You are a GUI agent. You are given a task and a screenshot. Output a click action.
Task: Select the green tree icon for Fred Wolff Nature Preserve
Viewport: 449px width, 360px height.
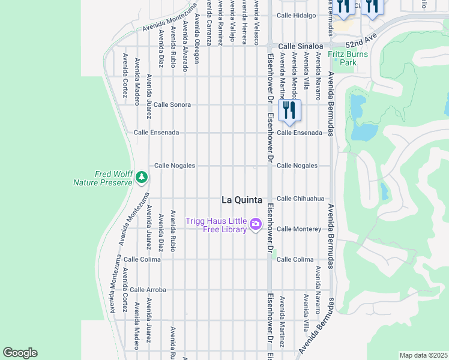[142, 177]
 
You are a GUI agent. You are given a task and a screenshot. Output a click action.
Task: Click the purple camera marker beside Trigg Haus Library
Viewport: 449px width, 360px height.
[256, 224]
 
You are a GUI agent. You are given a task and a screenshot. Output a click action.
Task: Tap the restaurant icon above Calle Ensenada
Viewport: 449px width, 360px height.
[289, 110]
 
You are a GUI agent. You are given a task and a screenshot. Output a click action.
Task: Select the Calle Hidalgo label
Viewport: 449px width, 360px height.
[296, 16]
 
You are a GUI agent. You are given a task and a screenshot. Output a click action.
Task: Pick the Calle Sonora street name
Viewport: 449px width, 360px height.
[172, 104]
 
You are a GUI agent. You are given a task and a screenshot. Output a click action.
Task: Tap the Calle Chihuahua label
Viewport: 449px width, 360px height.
[300, 199]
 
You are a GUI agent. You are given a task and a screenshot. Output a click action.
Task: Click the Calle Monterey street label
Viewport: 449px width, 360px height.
[299, 229]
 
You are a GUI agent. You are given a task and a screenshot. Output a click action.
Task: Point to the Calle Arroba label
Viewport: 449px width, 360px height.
[148, 290]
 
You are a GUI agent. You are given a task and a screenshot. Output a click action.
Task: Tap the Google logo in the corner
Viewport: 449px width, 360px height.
[20, 353]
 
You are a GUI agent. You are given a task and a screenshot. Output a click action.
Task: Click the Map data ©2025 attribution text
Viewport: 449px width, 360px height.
[423, 355]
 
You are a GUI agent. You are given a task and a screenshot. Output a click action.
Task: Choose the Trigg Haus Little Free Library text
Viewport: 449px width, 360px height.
[216, 225]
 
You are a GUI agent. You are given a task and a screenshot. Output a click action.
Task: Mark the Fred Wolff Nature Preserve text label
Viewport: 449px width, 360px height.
[102, 178]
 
